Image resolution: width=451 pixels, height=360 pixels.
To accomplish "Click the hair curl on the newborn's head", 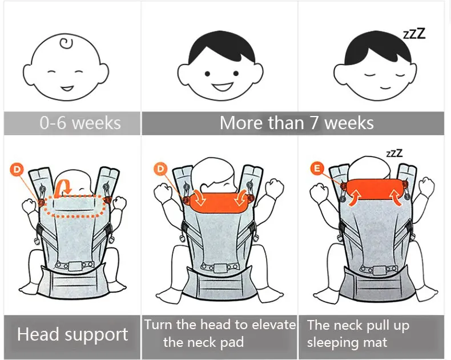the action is [66, 43].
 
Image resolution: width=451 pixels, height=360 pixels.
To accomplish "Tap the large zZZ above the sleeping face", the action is [414, 34].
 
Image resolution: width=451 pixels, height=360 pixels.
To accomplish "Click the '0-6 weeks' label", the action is [80, 123].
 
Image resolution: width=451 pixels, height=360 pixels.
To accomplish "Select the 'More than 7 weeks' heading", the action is [296, 123].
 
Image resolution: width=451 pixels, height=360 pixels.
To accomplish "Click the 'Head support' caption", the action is [73, 335].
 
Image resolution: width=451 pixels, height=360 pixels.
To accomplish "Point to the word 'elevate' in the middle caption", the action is [273, 325].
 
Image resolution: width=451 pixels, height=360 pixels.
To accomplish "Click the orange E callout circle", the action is [317, 168].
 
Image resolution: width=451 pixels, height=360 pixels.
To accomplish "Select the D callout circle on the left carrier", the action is [17, 169].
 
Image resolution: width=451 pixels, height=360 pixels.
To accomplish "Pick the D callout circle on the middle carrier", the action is [160, 169].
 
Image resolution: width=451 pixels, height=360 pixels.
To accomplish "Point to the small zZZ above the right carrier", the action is [394, 153].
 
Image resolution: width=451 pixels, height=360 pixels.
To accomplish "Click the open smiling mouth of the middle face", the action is [222, 87].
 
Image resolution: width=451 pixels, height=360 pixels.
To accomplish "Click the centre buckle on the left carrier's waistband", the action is [75, 266].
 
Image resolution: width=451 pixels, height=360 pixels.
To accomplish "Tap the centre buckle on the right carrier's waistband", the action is [377, 270].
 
